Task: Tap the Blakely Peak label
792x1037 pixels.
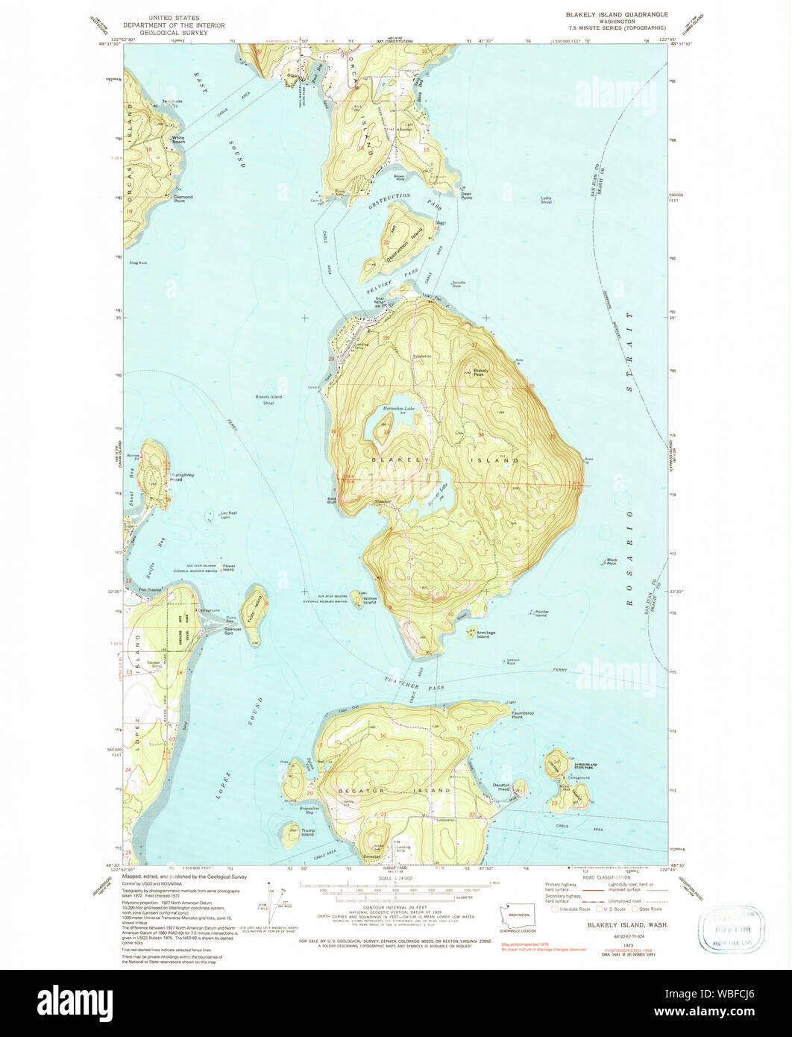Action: pos(480,372)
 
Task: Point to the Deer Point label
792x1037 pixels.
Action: pos(466,195)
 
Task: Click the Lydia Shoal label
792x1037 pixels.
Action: pos(547,200)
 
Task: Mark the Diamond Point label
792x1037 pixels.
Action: pos(183,198)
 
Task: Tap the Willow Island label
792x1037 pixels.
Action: pos(370,601)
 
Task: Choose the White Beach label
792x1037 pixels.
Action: pos(178,140)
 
